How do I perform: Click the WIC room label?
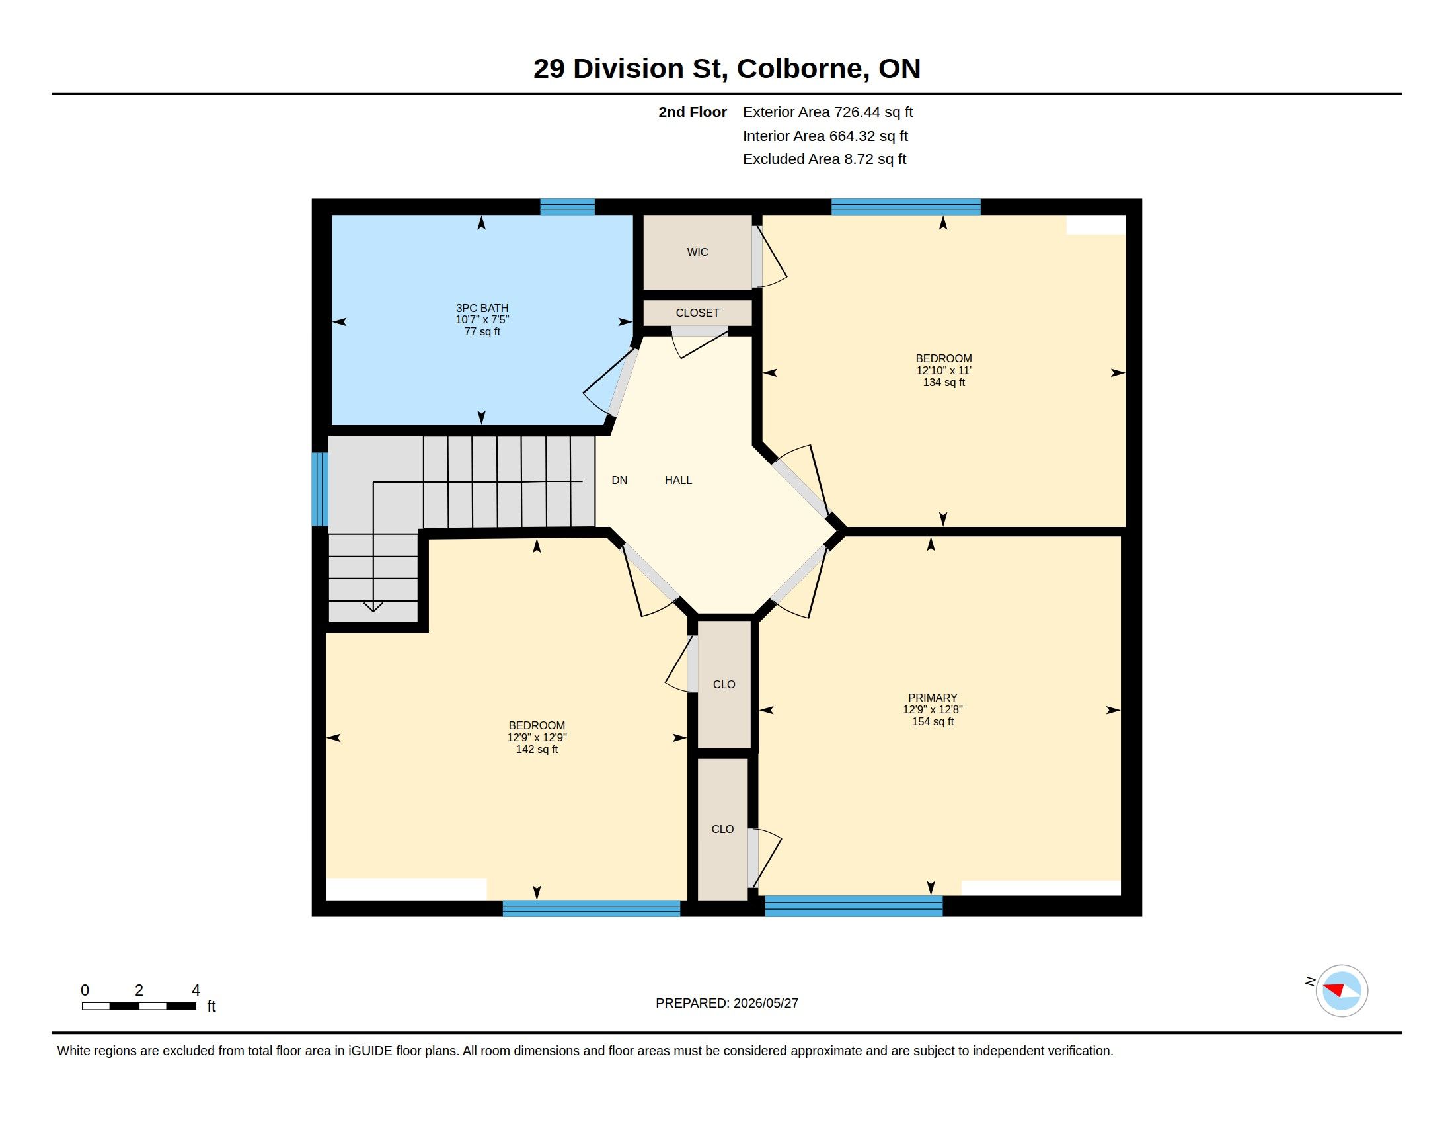tap(697, 252)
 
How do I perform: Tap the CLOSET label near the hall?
tap(697, 313)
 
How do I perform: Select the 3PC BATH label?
tap(482, 308)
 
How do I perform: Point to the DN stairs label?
tap(619, 480)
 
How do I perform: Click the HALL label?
tap(678, 480)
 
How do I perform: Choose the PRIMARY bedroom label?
tap(933, 698)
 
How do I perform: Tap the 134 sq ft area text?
tap(943, 382)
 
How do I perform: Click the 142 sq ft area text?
tap(537, 749)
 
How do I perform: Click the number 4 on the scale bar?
tap(196, 990)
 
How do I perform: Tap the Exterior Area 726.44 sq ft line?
tap(827, 112)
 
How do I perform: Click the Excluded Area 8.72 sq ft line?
tap(824, 159)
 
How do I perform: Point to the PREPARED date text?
tap(727, 1003)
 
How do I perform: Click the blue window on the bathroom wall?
tap(567, 206)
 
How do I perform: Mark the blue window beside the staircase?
tap(321, 489)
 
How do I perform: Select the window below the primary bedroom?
tap(853, 906)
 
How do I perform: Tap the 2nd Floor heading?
tap(693, 112)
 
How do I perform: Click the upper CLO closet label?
tap(724, 684)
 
